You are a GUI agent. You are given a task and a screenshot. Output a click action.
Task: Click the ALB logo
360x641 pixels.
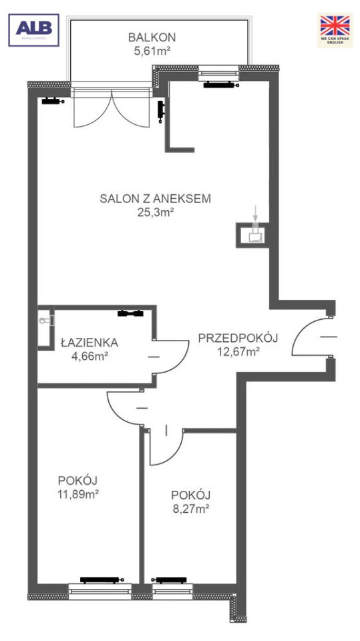[x=33, y=30]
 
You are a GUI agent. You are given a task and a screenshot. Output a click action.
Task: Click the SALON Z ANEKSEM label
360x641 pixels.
[x=156, y=198]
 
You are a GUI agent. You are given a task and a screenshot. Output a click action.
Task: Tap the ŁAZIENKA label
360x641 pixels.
[x=89, y=343]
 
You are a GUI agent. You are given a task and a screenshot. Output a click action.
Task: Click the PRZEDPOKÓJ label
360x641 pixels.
[x=238, y=338]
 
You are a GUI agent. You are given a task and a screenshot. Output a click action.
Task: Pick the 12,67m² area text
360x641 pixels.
[x=238, y=352]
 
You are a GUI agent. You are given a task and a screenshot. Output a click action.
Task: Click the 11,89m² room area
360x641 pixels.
[x=78, y=494]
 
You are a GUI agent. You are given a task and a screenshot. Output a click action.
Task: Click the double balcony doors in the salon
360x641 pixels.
[x=112, y=110]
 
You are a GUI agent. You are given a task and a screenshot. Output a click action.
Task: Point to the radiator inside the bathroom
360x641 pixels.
[x=130, y=312]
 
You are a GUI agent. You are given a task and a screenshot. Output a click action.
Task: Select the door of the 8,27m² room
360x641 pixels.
[x=167, y=447]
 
